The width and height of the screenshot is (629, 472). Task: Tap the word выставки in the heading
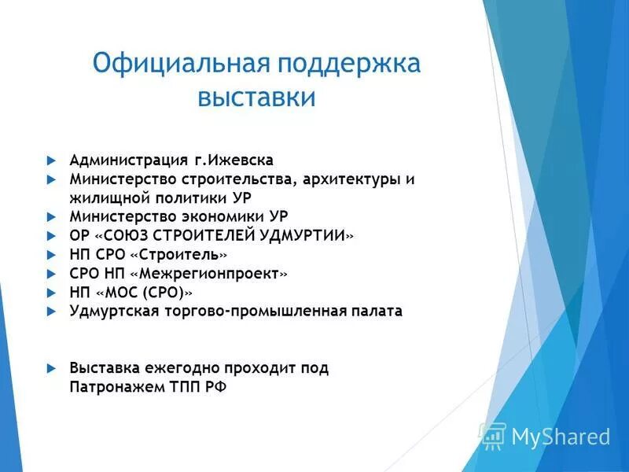pos(256,98)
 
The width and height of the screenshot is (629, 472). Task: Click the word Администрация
pos(129,160)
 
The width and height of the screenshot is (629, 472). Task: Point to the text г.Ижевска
pos(234,160)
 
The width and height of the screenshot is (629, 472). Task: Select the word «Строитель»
pos(182,255)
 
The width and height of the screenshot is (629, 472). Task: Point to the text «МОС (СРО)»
pos(144,293)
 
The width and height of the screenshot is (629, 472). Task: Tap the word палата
pos(377,312)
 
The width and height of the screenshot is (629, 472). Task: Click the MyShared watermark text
pos(560,437)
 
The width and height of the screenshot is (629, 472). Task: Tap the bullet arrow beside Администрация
pos(50,160)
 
